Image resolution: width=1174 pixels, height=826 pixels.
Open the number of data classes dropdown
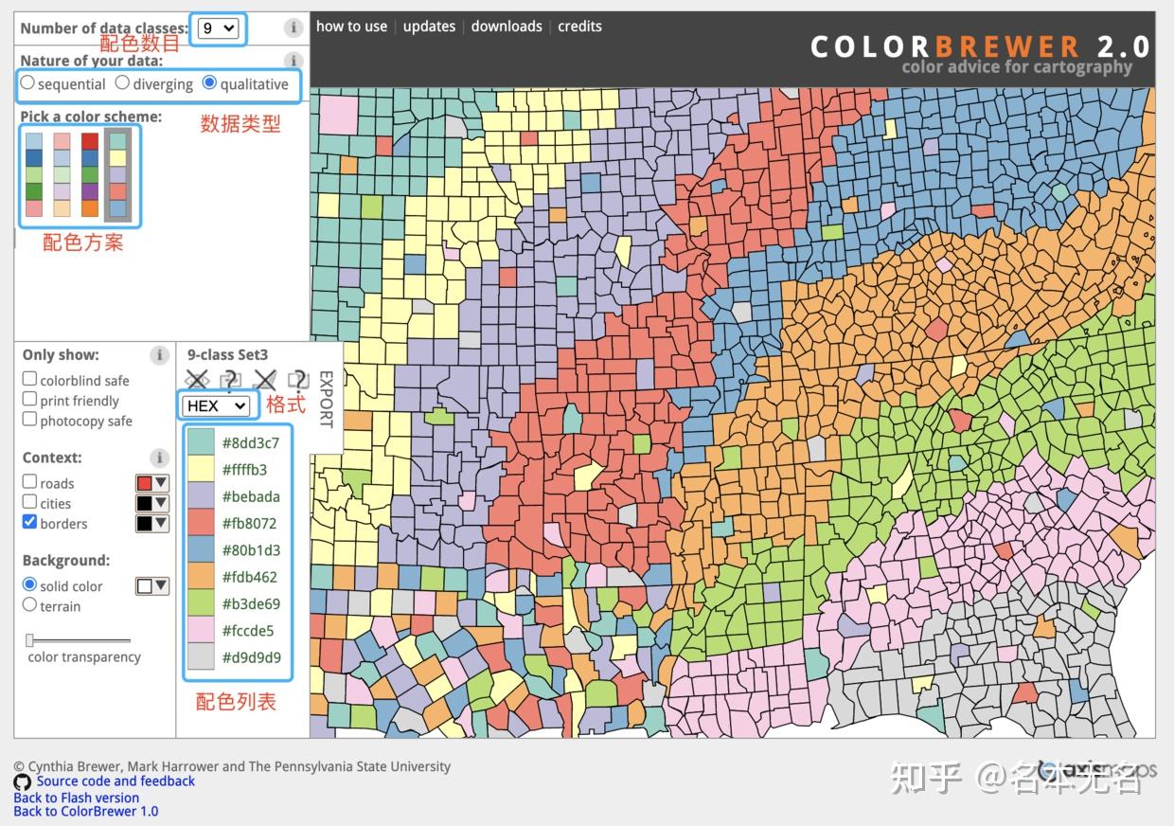click(x=218, y=28)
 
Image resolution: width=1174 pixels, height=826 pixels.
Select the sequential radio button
click(x=27, y=83)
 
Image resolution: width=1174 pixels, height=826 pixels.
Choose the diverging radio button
click(x=122, y=83)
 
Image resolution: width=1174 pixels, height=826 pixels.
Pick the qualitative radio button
click(x=210, y=83)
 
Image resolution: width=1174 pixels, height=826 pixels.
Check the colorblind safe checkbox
click(x=30, y=379)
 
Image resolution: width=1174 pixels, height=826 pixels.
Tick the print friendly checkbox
click(x=30, y=400)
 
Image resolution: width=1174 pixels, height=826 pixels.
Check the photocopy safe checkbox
click(x=30, y=420)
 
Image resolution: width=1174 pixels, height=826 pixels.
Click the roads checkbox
click(x=30, y=482)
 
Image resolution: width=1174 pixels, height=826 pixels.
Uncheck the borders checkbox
click(x=30, y=522)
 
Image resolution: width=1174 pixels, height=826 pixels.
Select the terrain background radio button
click(x=30, y=605)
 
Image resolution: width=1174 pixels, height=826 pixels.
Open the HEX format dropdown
click(x=216, y=405)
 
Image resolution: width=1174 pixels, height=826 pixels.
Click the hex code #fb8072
click(x=251, y=523)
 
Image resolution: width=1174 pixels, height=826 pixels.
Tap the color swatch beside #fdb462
click(x=201, y=576)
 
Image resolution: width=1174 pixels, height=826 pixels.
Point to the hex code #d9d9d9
click(x=251, y=657)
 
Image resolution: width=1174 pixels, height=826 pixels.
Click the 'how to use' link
click(x=351, y=27)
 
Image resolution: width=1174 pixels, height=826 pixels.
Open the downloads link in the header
click(x=507, y=27)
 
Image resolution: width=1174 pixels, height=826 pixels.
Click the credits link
click(x=579, y=27)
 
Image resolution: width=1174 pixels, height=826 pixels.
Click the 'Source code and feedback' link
click(x=116, y=781)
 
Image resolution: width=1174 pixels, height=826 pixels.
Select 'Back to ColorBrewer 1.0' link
click(x=86, y=811)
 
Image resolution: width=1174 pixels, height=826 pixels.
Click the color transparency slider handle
click(x=30, y=640)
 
